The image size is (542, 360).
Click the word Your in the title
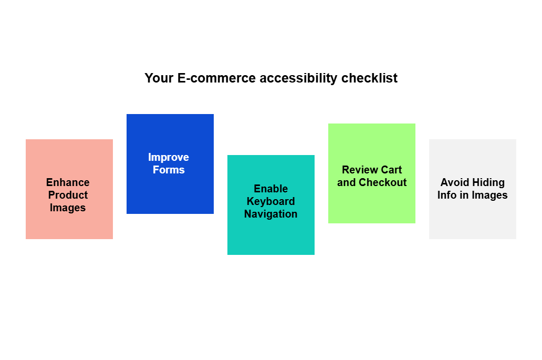coord(159,78)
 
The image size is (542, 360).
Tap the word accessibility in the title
coord(298,78)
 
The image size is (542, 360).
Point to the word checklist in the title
coord(369,78)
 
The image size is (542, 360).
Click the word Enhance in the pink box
coord(68,182)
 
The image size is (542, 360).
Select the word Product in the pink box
coord(68,195)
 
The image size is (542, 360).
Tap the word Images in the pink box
coord(68,208)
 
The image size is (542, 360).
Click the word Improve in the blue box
coord(169,157)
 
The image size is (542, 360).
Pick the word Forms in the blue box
coord(169,170)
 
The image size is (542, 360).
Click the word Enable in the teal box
coord(270,189)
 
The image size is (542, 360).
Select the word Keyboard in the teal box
coord(270,201)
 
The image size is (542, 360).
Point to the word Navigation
coord(270,214)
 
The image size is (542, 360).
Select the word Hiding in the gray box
coord(488,182)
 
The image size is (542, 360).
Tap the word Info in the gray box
coord(447,195)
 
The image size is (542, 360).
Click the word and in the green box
coord(346,182)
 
